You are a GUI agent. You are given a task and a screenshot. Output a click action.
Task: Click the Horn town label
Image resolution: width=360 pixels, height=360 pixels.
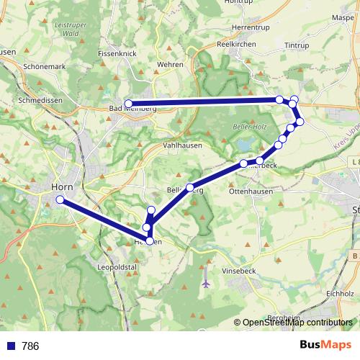tap(60, 186)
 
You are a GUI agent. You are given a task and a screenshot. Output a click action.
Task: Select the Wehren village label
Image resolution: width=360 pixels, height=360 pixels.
tap(170, 64)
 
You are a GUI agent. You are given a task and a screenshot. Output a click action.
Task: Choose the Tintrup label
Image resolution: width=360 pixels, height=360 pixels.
tap(296, 45)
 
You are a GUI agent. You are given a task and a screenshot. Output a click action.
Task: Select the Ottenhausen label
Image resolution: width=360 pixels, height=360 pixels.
tap(249, 192)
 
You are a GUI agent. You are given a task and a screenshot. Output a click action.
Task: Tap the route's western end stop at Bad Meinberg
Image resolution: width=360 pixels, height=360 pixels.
tap(128, 104)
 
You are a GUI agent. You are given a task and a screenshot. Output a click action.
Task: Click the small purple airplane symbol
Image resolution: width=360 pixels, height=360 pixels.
tap(207, 284)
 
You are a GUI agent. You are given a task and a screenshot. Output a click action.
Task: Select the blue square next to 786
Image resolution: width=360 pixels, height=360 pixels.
tap(10, 346)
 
